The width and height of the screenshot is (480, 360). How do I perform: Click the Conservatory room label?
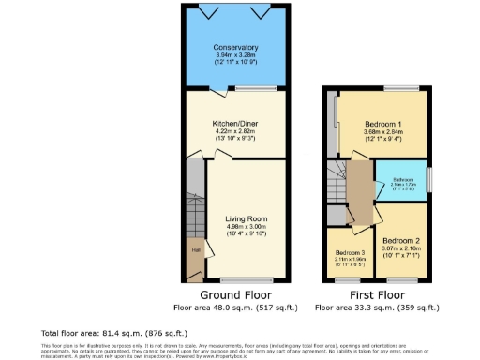coord(235,48)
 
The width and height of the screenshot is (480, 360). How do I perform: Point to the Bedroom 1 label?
coord(384,125)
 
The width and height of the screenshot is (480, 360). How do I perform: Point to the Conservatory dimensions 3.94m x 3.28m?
coord(235,55)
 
